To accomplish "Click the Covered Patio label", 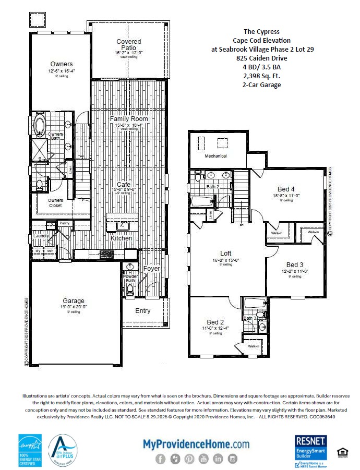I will [128, 45].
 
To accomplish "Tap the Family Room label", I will [129, 119].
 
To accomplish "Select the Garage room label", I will [74, 301].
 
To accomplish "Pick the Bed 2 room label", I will [215, 322].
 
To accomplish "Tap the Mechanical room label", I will [215, 156].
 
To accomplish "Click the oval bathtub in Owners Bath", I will [40, 126].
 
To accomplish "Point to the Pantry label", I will [65, 223].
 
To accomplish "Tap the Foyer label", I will [151, 269].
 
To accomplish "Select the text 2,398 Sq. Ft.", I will [262, 76].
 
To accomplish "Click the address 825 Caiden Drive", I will [262, 58].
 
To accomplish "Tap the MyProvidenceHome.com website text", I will [196, 444].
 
